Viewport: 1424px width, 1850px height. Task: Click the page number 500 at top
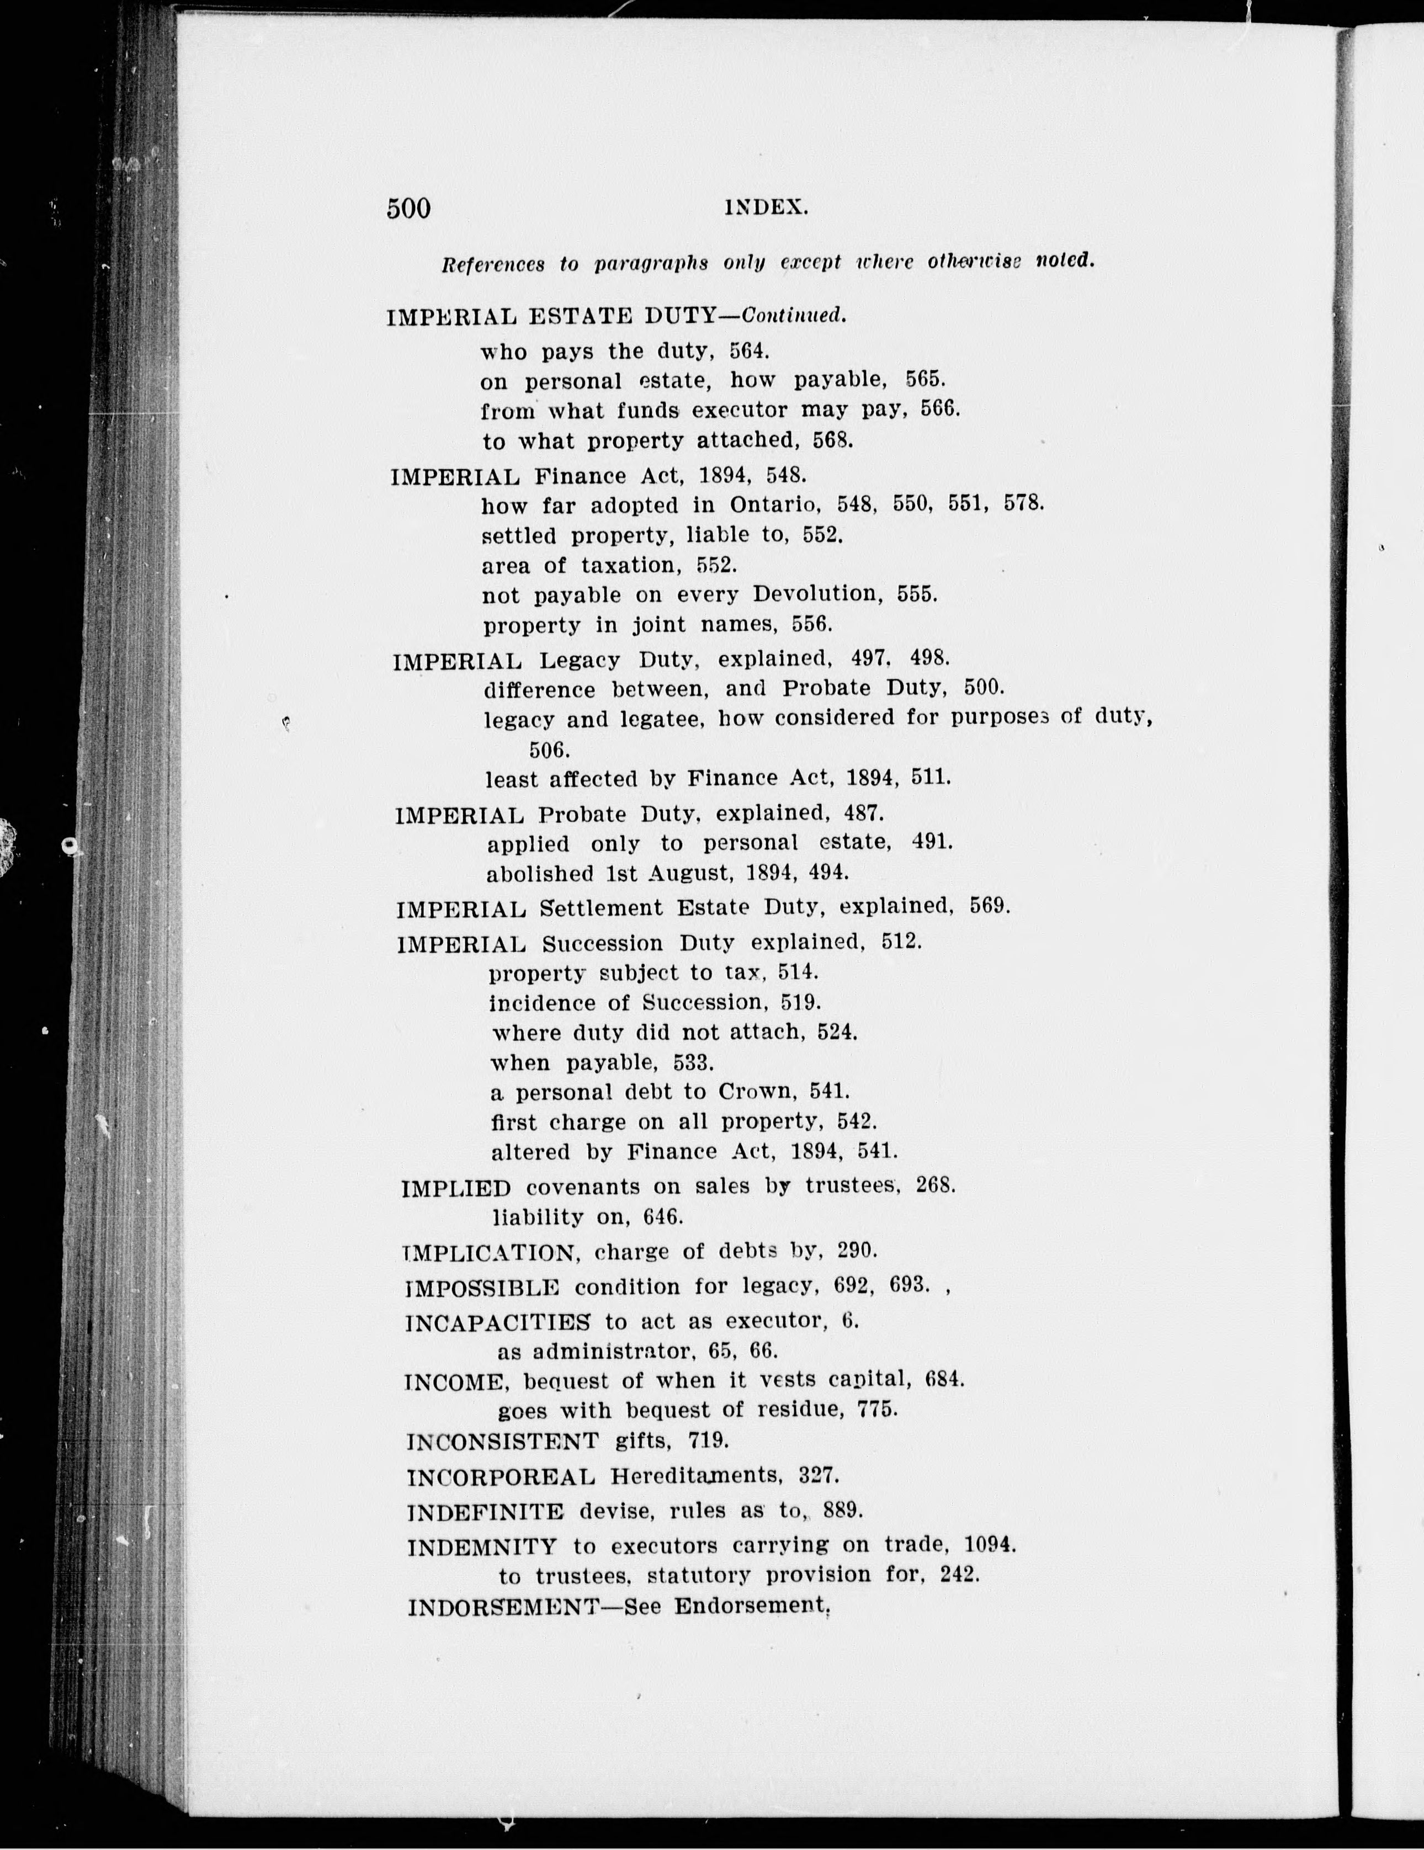[408, 209]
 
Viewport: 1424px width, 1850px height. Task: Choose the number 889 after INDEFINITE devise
[841, 1511]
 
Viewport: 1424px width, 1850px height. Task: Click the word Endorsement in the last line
[751, 1606]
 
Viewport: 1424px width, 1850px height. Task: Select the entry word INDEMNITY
[481, 1547]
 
